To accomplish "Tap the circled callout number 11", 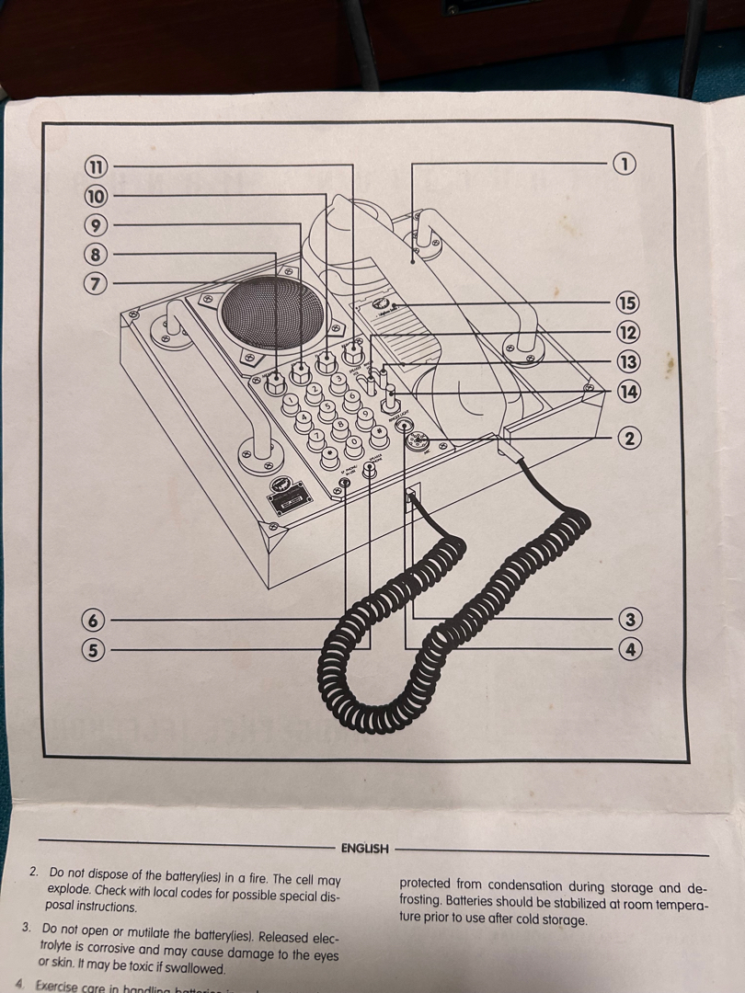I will coord(96,166).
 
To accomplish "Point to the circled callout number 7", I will coord(95,283).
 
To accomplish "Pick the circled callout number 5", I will coord(93,650).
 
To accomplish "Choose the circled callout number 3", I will coord(630,619).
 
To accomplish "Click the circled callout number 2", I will coord(630,438).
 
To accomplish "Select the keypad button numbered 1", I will coord(290,400).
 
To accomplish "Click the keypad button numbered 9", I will coord(364,415).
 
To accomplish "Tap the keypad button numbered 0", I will coord(353,441).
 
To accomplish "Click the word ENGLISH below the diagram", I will coord(364,849).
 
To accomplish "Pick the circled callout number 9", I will coord(95,225).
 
